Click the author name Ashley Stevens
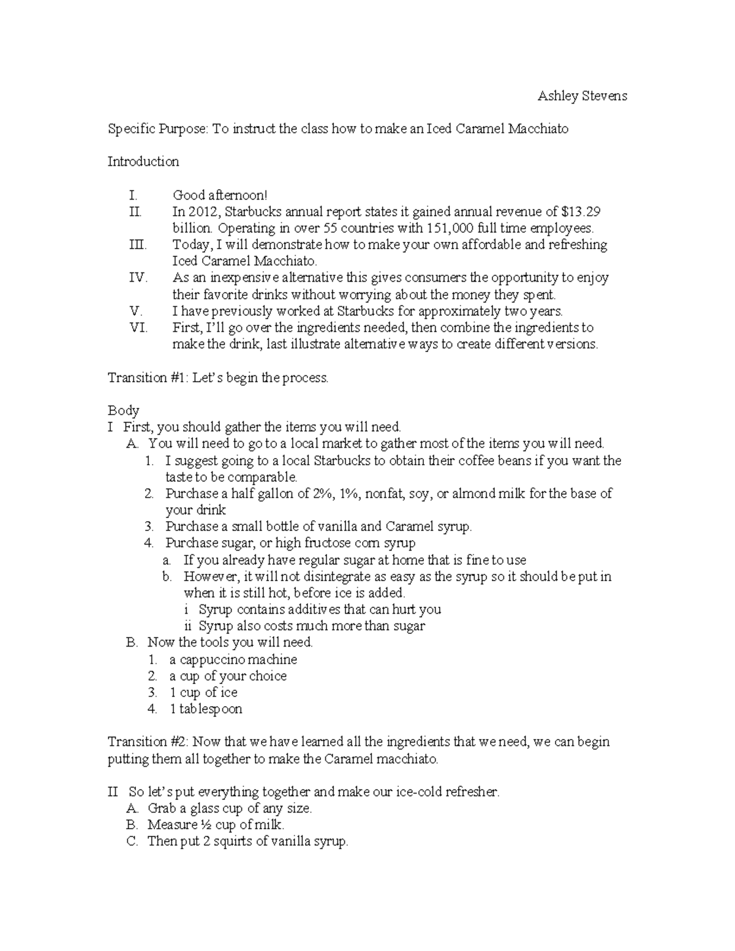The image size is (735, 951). click(x=582, y=96)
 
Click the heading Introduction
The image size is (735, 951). click(x=143, y=162)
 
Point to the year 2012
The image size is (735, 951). click(x=202, y=212)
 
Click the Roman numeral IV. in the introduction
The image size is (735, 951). click(x=138, y=278)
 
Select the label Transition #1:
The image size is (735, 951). click(x=148, y=378)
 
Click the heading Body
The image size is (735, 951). click(x=123, y=410)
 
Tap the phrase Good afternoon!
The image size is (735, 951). click(x=220, y=195)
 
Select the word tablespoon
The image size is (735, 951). click(x=211, y=709)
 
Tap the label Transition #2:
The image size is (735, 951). click(x=149, y=742)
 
